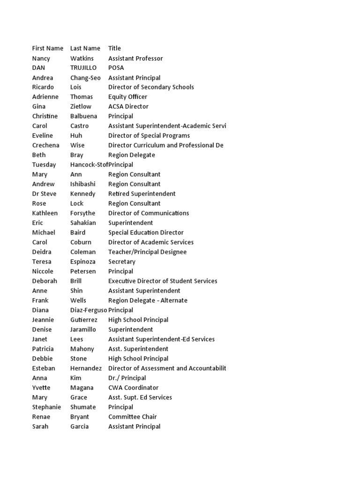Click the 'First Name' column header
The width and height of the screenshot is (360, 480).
(x=47, y=48)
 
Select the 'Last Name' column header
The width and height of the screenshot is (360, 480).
(x=85, y=48)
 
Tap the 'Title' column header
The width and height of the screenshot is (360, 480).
(x=114, y=48)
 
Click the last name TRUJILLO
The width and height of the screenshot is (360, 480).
(x=83, y=68)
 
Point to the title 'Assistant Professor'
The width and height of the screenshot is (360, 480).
(x=135, y=58)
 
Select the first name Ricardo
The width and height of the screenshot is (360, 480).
(x=43, y=87)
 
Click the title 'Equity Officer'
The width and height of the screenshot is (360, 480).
(x=127, y=97)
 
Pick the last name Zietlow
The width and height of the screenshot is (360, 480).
(x=81, y=106)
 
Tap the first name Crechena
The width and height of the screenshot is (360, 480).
(x=45, y=145)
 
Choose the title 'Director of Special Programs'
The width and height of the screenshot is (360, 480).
(x=149, y=136)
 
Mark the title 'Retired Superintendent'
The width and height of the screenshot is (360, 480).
(x=142, y=194)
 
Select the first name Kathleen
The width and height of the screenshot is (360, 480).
(x=45, y=213)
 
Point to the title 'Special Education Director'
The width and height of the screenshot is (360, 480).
(x=146, y=232)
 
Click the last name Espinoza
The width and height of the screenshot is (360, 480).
(x=83, y=262)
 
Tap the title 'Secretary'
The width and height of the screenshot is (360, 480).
(x=121, y=262)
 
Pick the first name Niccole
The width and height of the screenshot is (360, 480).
(x=43, y=271)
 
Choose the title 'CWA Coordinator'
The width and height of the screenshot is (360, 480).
(x=133, y=388)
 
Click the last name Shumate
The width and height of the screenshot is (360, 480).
(x=82, y=407)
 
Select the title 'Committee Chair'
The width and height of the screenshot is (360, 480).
(x=132, y=417)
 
